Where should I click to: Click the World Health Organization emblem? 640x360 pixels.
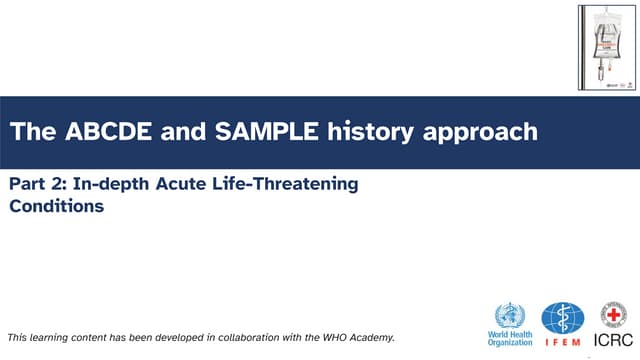click(509, 314)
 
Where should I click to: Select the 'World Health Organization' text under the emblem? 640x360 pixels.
click(509, 339)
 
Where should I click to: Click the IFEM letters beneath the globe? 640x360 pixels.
click(562, 343)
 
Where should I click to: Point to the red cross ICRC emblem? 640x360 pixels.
click(612, 314)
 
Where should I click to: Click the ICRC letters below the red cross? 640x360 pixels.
click(612, 341)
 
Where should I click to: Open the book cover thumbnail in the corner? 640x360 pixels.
click(606, 47)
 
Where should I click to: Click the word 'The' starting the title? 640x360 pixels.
click(29, 131)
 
